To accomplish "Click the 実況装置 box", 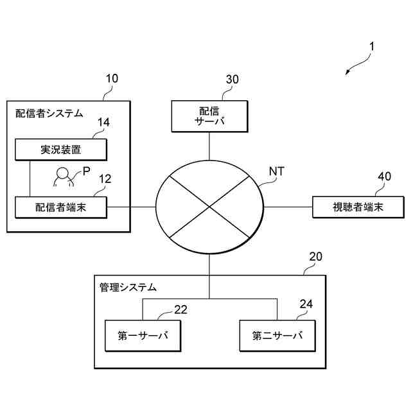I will (x=61, y=150).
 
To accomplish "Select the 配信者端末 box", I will (x=61, y=207).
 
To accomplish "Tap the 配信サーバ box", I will (x=209, y=115).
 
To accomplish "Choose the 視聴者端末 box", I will (x=358, y=207).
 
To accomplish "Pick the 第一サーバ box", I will (x=142, y=335).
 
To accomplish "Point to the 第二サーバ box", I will (x=277, y=335).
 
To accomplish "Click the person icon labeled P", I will (x=63, y=177).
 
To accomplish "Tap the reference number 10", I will (x=111, y=79).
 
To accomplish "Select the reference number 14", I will (x=103, y=122).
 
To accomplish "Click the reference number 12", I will (x=104, y=179).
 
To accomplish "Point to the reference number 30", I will (x=232, y=79).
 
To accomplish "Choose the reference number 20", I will (x=315, y=257).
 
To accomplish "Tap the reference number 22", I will (x=180, y=310).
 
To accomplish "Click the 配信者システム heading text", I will (x=49, y=114).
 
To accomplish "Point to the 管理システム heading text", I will (x=128, y=286).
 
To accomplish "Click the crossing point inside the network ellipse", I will (x=209, y=207).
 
